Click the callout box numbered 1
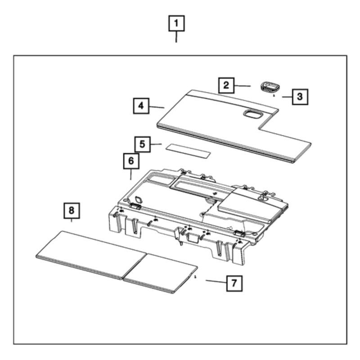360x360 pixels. pyautogui.click(x=176, y=23)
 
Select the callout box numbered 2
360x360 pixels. pyautogui.click(x=226, y=85)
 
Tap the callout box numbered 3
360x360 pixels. pyautogui.click(x=300, y=97)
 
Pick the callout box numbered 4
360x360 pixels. pyautogui.click(x=141, y=106)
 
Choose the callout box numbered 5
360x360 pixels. pyautogui.click(x=142, y=144)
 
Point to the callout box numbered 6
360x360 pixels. pyautogui.click(x=131, y=161)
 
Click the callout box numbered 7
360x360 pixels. pyautogui.click(x=234, y=283)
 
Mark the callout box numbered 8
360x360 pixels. pyautogui.click(x=72, y=211)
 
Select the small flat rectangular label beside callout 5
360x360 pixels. pyautogui.click(x=188, y=151)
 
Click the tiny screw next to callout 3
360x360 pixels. pyautogui.click(x=274, y=96)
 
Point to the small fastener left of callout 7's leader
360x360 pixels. pyautogui.click(x=195, y=277)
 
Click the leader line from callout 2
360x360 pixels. pyautogui.click(x=243, y=86)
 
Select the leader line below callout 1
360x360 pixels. pyautogui.click(x=176, y=37)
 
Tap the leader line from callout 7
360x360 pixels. pyautogui.click(x=216, y=282)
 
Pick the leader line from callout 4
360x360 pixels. pyautogui.click(x=157, y=107)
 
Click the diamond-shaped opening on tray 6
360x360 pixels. pyautogui.click(x=139, y=199)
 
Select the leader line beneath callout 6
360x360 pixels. pyautogui.click(x=131, y=175)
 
